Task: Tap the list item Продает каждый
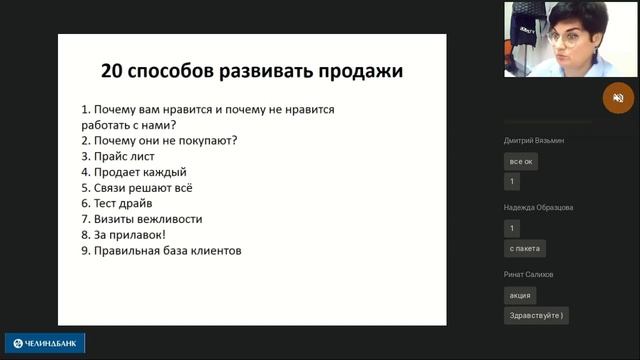click(134, 172)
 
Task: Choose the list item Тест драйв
click(122, 203)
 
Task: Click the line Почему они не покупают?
click(159, 141)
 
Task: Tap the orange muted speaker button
click(618, 98)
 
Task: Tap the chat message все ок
click(521, 161)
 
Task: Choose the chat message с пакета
click(524, 247)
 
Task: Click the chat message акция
click(520, 296)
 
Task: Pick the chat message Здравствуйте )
click(536, 316)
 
